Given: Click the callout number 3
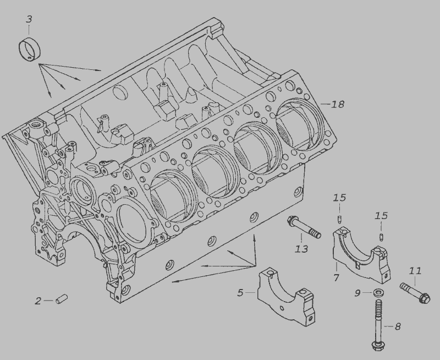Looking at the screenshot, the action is [x=29, y=19].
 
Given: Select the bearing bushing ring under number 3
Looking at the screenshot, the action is [x=30, y=48].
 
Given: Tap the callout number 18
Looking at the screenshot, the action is [x=338, y=104].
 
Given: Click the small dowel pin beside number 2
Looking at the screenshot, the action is [x=62, y=299].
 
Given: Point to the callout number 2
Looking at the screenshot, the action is [x=38, y=301].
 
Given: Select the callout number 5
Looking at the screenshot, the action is [x=240, y=293].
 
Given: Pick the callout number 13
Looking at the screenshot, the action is [x=301, y=249].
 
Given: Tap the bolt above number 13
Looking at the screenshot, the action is [x=304, y=227].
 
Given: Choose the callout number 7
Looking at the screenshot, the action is [x=337, y=277].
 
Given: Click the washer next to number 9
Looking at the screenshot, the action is [x=378, y=293].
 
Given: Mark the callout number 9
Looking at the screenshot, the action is [x=358, y=293].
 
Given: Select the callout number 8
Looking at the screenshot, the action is [x=398, y=326].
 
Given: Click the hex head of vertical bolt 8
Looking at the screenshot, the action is [x=377, y=346].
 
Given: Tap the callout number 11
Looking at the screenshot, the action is [x=415, y=271].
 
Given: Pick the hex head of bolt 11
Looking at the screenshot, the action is [x=424, y=298].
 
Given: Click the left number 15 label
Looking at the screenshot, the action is [x=339, y=198].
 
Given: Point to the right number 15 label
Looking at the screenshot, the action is [x=381, y=216].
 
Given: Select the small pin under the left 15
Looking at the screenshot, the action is [x=339, y=219].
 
